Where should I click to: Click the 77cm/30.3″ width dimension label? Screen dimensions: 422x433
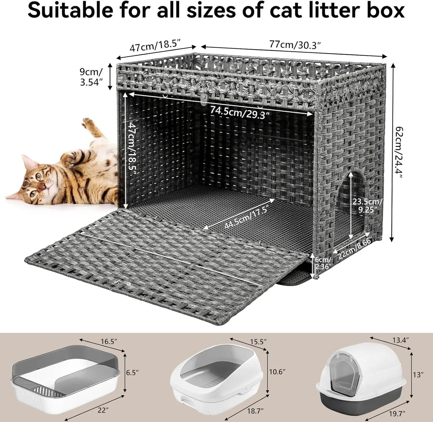[x=295, y=45]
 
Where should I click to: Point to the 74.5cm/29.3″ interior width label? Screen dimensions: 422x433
[x=239, y=112]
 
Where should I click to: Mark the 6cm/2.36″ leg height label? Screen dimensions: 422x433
[x=322, y=263]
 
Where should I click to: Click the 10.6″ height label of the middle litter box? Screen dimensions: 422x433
[x=277, y=371]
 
